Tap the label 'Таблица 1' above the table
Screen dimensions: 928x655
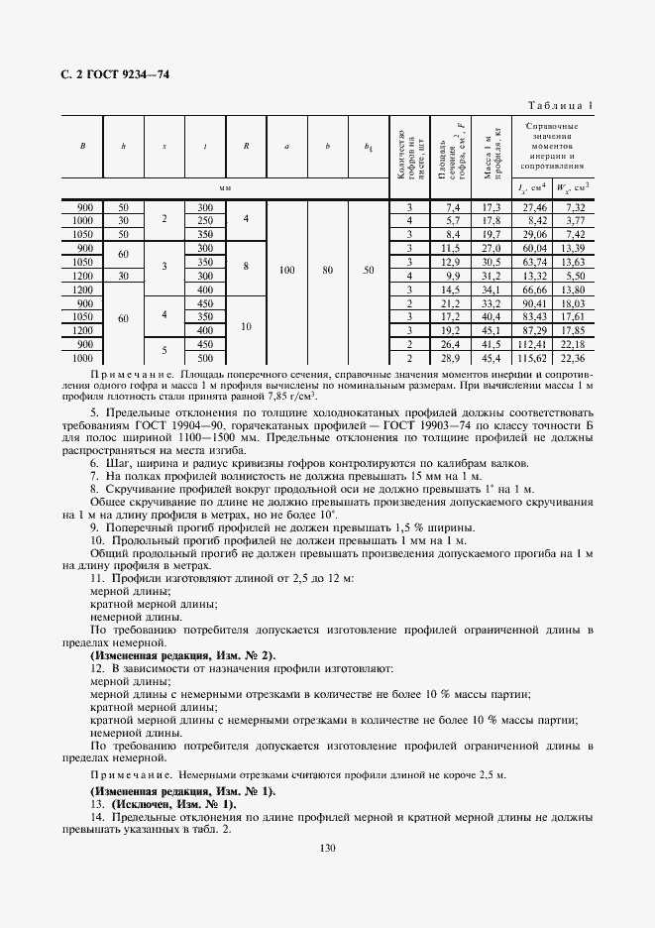(561, 105)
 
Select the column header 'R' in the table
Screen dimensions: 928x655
(246, 147)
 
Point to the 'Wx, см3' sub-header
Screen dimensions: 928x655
(572, 187)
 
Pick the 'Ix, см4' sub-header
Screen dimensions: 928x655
(534, 187)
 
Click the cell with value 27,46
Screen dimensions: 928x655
(534, 207)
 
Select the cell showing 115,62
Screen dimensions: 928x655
(534, 357)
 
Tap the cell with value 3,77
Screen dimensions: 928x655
(573, 220)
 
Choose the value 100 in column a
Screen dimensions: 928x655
(286, 269)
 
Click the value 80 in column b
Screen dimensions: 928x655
(327, 269)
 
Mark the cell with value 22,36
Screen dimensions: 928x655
(573, 357)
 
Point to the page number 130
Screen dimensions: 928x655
(327, 848)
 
